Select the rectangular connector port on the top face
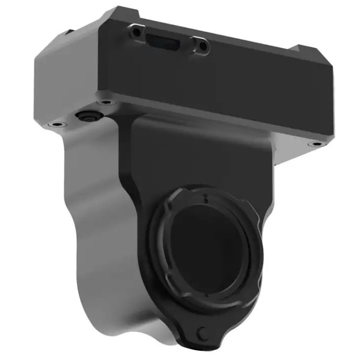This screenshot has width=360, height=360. pos(165,41)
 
